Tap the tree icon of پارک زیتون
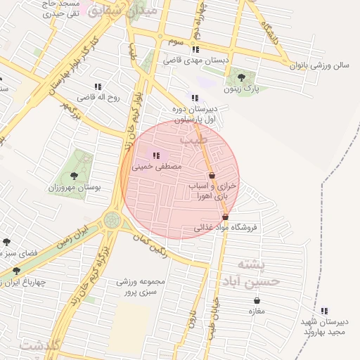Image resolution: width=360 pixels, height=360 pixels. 242,77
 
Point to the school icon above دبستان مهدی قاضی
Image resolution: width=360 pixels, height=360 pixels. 195,49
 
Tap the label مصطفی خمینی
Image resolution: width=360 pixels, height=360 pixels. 162,167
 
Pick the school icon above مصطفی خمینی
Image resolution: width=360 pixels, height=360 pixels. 155,155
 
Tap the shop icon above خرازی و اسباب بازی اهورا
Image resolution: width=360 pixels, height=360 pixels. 212,174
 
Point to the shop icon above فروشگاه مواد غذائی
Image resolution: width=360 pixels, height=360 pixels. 225,217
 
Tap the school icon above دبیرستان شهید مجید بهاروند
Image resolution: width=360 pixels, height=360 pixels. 324,311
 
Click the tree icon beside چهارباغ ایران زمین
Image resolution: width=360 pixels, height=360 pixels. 16,271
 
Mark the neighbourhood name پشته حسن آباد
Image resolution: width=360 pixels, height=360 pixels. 259,273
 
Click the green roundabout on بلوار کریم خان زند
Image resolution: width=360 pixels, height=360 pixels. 112,220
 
